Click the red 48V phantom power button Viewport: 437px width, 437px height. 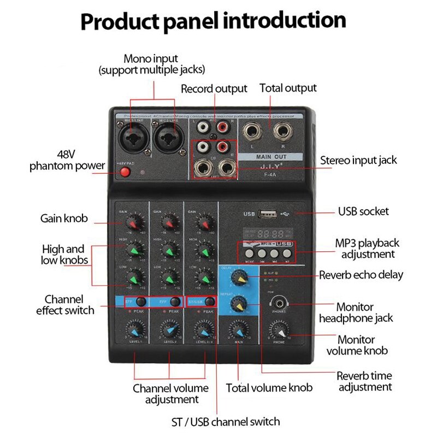point(126,173)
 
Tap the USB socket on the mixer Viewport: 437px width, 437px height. point(267,213)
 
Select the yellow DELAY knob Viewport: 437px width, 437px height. point(238,279)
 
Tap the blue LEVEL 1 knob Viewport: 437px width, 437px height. point(136,330)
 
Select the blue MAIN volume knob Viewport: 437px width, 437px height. point(238,330)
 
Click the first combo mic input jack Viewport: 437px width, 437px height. point(134,135)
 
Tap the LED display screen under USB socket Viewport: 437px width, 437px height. point(266,229)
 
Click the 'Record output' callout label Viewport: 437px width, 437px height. point(214,88)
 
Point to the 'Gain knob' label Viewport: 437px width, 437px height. point(64,218)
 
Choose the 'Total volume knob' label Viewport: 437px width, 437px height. point(269,387)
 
